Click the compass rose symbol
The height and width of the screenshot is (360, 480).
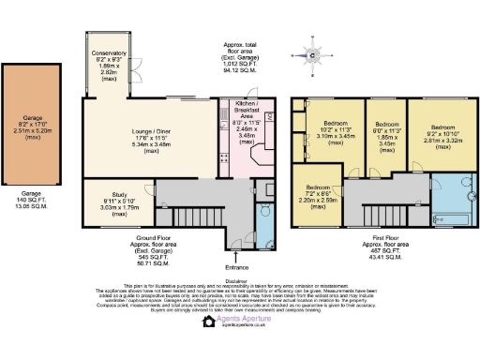[313, 54]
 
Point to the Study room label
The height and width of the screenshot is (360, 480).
[119, 202]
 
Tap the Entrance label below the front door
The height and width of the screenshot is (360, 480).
[238, 257]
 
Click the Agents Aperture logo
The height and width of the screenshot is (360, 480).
[239, 320]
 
